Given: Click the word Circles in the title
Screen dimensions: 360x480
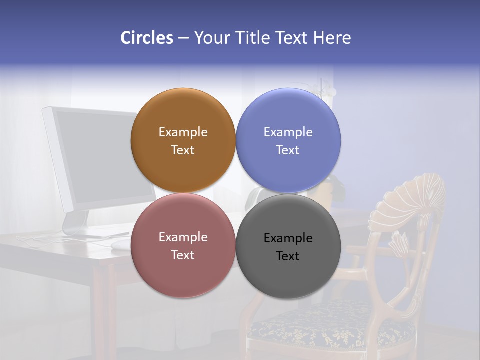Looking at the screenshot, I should click(147, 38).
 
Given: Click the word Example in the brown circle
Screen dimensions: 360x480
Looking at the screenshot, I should click(183, 132).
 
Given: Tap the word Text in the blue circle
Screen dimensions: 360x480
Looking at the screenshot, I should click(288, 150).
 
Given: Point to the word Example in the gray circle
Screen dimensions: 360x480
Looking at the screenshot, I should click(288, 238).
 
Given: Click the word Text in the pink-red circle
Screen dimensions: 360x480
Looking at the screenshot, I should click(183, 255).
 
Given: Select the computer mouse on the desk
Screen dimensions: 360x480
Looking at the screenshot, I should click(120, 244).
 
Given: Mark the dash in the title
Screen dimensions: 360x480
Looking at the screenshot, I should click(183, 38).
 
